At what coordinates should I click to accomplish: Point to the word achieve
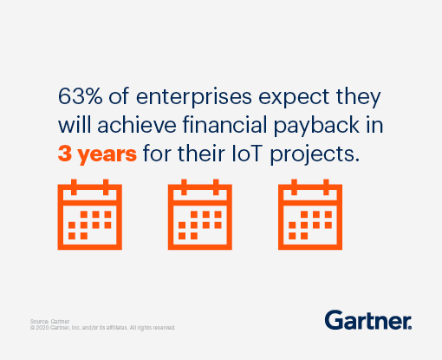coord(129,125)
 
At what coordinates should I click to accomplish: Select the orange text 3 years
coord(97,155)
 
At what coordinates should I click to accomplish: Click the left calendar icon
coord(88,213)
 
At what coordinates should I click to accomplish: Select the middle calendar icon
coord(199,213)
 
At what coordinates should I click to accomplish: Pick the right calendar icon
coord(310,213)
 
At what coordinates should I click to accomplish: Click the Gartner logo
coord(368,319)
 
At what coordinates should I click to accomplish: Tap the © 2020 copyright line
coord(103,328)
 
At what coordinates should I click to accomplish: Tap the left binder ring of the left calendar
coord(74,187)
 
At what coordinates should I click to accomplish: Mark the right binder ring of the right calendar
coord(327,187)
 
